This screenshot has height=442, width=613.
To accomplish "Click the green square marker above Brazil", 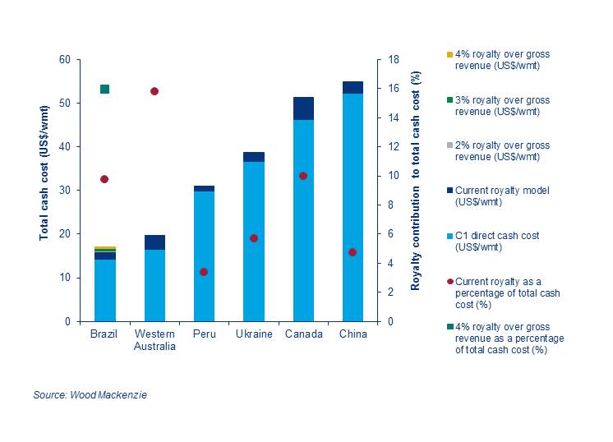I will [x=105, y=89].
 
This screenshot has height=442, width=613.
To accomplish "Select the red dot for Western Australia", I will [x=154, y=91].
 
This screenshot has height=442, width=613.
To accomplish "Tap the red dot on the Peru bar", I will [x=204, y=272].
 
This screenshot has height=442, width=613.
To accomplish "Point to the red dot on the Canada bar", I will [x=303, y=176].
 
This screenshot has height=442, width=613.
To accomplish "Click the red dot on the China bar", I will [x=353, y=252].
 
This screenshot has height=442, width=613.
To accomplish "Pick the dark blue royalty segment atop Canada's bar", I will [x=303, y=108].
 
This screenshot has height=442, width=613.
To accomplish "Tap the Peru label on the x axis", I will [x=204, y=334].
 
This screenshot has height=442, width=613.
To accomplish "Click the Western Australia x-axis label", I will [x=154, y=339].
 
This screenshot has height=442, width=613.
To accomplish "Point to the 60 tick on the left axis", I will [x=64, y=60].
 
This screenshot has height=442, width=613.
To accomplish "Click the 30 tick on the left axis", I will [x=64, y=191].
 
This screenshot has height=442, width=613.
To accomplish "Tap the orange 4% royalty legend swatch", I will [x=449, y=55].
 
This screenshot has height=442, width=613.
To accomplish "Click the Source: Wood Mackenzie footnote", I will [x=90, y=396].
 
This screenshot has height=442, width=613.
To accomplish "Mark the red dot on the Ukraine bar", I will [x=254, y=238].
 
